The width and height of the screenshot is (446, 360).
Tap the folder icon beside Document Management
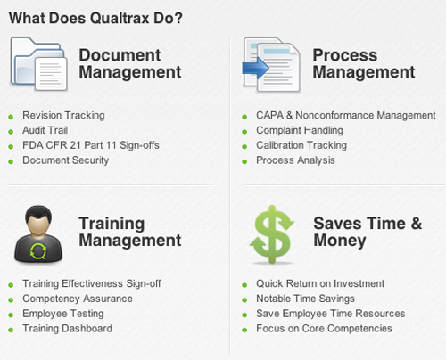[38, 67]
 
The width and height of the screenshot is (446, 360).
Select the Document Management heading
[130, 63]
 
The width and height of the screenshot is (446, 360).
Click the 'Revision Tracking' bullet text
[63, 115]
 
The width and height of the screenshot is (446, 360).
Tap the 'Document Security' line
[65, 160]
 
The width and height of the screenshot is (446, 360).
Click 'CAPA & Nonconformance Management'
[345, 115]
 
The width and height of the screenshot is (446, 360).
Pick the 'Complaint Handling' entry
[299, 130]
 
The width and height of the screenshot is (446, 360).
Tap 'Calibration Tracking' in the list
[301, 145]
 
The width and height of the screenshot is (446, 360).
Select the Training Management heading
[130, 232]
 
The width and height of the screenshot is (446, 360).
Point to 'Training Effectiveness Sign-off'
[92, 283]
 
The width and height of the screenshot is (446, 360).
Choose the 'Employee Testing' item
[62, 314]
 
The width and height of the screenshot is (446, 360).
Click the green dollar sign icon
[270, 233]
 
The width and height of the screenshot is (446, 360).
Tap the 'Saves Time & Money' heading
[368, 232]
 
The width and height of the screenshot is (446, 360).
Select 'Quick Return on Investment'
[319, 283]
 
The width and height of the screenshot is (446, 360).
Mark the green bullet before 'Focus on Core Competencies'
[245, 330]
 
